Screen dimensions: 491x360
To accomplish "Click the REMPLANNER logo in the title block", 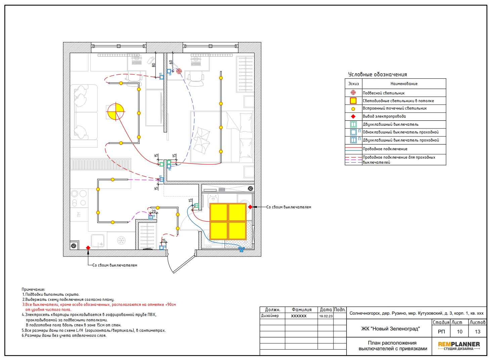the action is click(x=459, y=346).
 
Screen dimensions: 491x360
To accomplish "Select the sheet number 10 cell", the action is click(x=459, y=332).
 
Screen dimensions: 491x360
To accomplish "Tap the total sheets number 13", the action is click(x=478, y=332).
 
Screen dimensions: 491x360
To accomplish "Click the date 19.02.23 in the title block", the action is click(x=326, y=316).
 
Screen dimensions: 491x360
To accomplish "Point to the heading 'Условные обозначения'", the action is click(x=377, y=75).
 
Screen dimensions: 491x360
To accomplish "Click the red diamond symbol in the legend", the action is click(x=353, y=117).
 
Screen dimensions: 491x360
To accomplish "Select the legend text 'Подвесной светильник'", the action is click(x=384, y=93).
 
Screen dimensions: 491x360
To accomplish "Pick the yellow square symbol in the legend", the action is click(x=353, y=101).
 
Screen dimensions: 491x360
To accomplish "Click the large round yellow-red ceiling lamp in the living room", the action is click(x=116, y=112).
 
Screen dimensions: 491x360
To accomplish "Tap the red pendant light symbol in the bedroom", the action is click(x=179, y=71).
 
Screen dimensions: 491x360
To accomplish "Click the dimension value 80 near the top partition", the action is click(x=153, y=65).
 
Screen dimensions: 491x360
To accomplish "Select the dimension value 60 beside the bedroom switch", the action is click(x=171, y=62).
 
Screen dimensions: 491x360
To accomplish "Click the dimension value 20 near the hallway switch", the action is click(x=154, y=211).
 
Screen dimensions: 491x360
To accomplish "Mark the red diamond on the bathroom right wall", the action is click(x=250, y=207).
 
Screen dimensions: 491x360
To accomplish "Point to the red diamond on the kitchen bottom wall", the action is click(x=88, y=248).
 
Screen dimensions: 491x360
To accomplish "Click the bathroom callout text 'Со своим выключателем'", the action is click(x=289, y=207).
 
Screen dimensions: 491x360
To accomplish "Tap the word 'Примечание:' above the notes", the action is click(x=33, y=289).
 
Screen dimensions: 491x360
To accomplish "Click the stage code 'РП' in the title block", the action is click(x=441, y=332).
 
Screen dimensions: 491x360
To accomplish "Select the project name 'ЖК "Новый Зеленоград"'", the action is click(x=390, y=329).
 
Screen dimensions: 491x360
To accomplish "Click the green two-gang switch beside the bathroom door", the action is click(x=196, y=206).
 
